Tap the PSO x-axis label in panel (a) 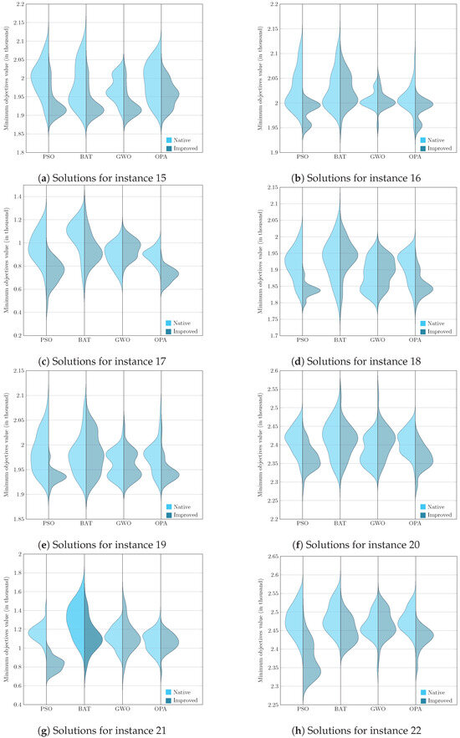48,156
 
